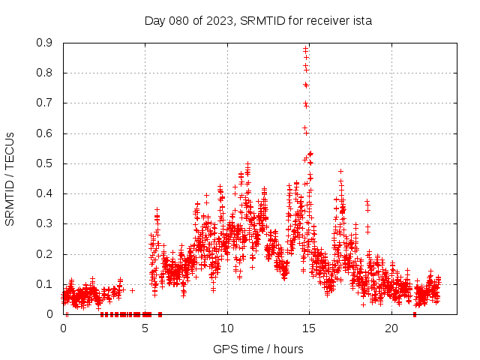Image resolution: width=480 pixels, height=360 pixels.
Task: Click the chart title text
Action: click(x=258, y=21)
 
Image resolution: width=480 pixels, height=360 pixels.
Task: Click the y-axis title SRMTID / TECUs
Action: click(x=10, y=178)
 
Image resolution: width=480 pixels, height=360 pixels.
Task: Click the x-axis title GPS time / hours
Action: click(x=258, y=349)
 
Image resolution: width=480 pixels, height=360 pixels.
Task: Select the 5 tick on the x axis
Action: click(x=145, y=328)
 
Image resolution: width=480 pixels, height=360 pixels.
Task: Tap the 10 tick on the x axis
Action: click(x=227, y=328)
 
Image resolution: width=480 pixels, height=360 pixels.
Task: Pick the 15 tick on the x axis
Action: click(x=309, y=328)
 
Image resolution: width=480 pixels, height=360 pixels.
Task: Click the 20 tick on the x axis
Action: click(x=391, y=328)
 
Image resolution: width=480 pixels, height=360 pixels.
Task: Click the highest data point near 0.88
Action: click(x=305, y=49)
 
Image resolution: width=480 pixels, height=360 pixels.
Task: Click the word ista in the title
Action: click(x=362, y=21)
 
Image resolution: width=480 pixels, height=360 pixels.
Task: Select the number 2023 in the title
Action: click(x=220, y=21)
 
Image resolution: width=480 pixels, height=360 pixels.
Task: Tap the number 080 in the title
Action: click(x=180, y=21)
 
